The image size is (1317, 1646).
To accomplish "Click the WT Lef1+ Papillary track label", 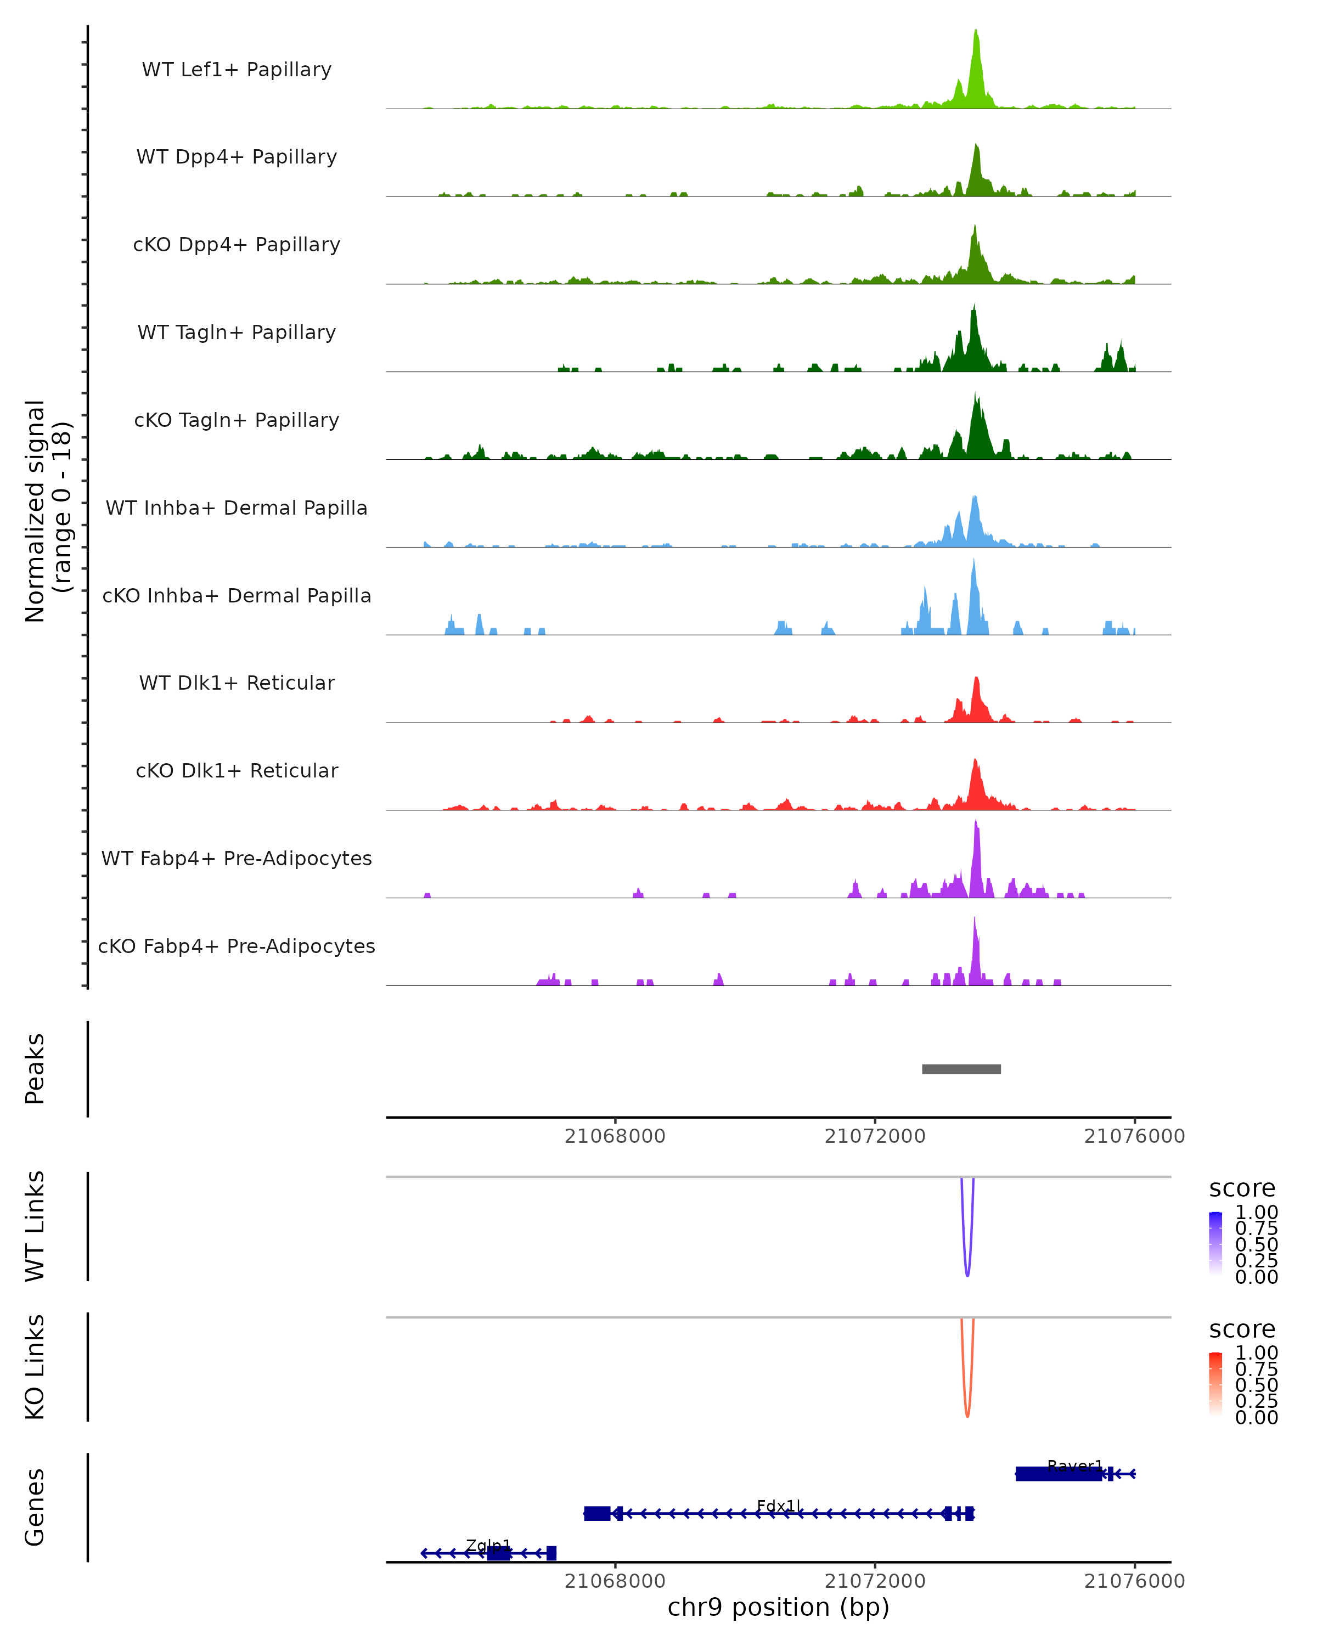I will [x=237, y=70].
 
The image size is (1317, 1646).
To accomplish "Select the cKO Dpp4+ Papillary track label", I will [x=237, y=245].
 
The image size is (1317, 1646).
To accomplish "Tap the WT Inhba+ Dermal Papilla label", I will [x=237, y=509].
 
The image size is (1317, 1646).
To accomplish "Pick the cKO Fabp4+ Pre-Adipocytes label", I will [x=237, y=946].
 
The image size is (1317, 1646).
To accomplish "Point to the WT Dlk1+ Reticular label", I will [x=237, y=683].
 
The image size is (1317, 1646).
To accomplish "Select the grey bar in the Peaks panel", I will [x=961, y=1069].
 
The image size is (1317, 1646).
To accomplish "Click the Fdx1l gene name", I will [x=779, y=1506].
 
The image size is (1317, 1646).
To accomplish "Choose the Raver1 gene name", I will [x=1075, y=1466].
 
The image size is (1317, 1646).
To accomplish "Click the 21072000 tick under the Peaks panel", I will [x=875, y=1136].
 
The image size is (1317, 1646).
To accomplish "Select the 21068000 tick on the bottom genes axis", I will [x=615, y=1581].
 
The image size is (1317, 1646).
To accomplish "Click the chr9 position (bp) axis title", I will [x=778, y=1608].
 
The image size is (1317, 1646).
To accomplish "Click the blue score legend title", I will [x=1241, y=1189].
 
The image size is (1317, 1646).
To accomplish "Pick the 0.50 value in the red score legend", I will [x=1256, y=1385].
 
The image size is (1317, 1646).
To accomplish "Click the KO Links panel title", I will [x=35, y=1367].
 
